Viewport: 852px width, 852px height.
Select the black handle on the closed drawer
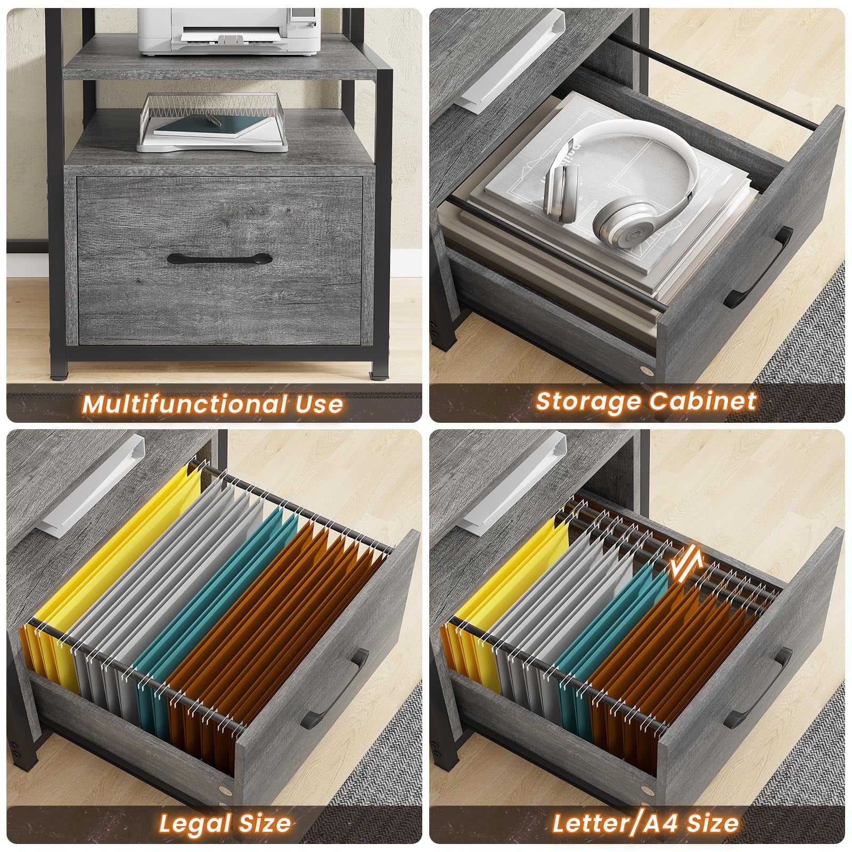pyautogui.click(x=219, y=259)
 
